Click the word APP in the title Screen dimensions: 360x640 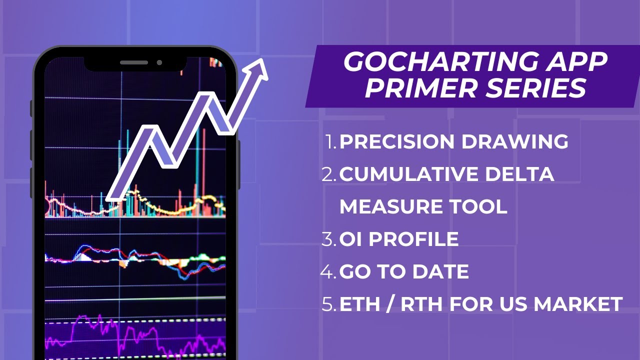576,62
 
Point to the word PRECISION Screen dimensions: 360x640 397,141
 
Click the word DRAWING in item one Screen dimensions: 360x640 514,141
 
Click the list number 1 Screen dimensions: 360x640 331,141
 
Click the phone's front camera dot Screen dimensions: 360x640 159,62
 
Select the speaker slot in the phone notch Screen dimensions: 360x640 134,62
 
